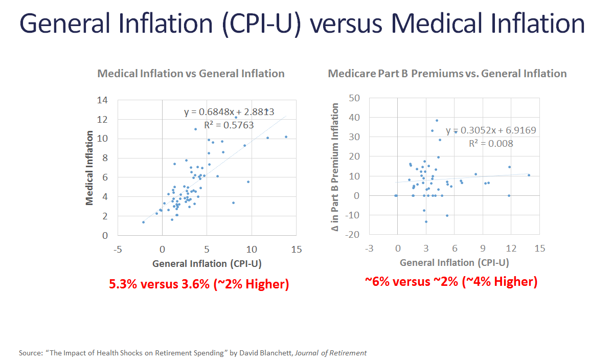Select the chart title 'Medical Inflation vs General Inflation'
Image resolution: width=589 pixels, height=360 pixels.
191,73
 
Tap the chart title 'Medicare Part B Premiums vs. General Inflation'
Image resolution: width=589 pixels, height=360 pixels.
447,73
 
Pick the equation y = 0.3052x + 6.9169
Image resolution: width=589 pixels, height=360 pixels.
491,130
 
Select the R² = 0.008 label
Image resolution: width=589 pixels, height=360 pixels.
491,144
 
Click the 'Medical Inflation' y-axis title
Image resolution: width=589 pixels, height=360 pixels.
89,168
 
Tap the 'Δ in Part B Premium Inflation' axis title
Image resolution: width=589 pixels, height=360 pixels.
335,166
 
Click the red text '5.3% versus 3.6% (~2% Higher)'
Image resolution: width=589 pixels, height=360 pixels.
199,284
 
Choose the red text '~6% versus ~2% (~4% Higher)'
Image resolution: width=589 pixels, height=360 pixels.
450,281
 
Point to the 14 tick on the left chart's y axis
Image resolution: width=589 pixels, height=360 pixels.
102,100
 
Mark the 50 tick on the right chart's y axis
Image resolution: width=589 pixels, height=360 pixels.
353,98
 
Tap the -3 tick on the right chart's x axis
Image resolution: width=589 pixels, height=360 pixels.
369,248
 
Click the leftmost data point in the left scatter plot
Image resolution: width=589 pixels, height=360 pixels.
143,222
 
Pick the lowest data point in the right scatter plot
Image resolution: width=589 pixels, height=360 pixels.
426,221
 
